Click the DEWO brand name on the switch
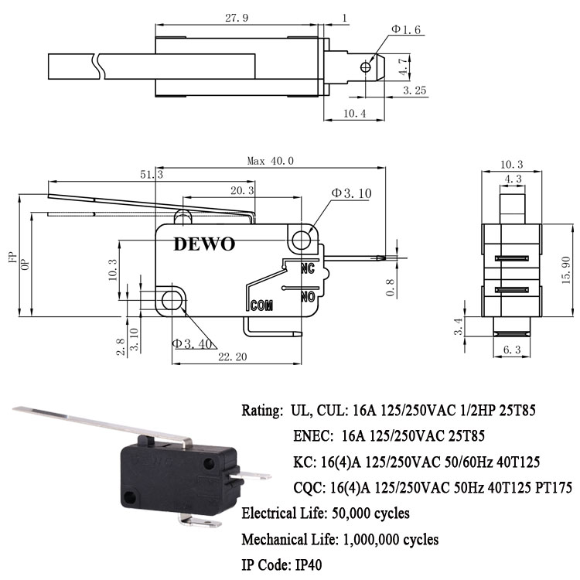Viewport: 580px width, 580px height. point(203,244)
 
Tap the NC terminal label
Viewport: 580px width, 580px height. point(307,268)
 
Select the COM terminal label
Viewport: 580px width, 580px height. point(264,305)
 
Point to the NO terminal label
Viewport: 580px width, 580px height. point(307,295)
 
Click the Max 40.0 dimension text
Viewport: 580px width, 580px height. point(271,161)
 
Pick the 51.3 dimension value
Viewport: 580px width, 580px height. point(152,175)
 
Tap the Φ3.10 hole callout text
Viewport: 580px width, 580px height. point(352,193)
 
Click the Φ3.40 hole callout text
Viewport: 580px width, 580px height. point(193,343)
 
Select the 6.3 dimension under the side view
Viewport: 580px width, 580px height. point(512,351)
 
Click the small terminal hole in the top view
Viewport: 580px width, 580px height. point(365,67)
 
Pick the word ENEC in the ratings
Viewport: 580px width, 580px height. point(313,435)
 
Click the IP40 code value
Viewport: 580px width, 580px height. point(305,565)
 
